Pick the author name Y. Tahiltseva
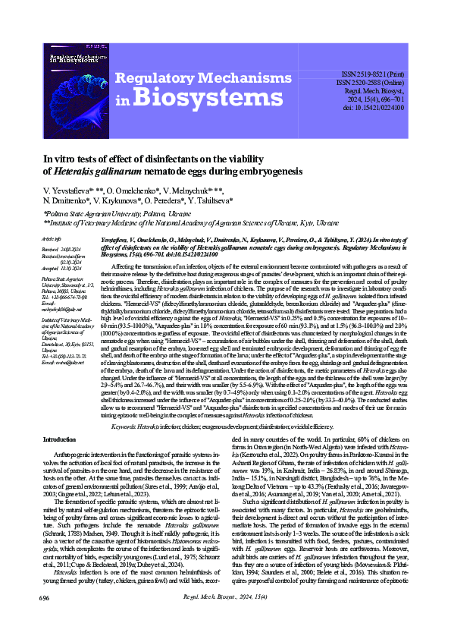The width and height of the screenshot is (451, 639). coord(205,201)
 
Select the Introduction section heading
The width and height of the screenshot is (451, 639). coord(64,440)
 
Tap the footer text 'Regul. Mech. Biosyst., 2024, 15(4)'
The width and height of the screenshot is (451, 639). coord(224,619)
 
